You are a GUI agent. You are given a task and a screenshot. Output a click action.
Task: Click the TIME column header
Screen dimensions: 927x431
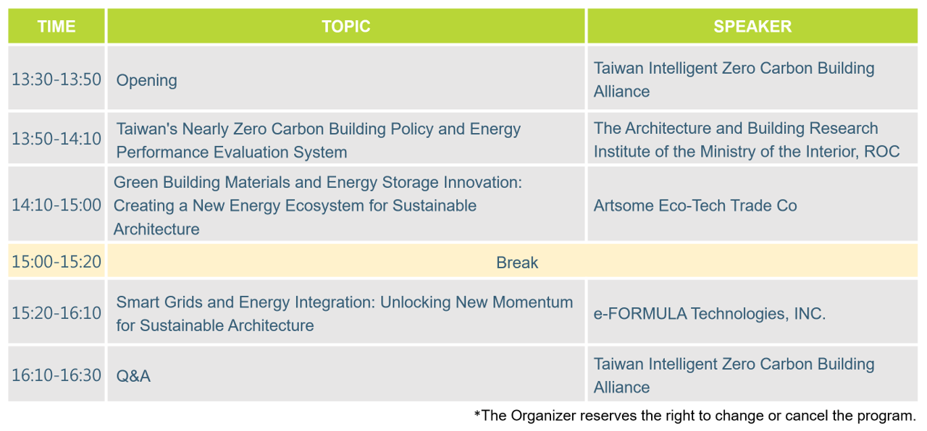(56, 27)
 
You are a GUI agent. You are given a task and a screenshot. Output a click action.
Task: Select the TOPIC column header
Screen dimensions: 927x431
(346, 27)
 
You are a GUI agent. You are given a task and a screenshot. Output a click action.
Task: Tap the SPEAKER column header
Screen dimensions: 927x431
(752, 27)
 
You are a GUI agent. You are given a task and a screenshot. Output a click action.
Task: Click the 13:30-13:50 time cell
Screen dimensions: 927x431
(56, 80)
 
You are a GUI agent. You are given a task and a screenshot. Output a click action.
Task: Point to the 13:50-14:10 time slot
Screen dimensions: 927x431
(56, 139)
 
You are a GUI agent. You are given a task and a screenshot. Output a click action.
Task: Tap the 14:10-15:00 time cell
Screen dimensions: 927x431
(56, 205)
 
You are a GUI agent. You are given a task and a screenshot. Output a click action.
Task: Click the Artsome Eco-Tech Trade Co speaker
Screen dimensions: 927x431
(695, 206)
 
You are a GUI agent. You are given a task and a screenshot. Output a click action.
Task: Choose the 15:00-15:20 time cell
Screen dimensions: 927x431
(56, 262)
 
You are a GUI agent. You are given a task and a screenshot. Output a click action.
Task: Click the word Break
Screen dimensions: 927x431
(517, 263)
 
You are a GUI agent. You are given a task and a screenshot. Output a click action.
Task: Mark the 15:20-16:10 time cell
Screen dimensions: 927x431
(56, 313)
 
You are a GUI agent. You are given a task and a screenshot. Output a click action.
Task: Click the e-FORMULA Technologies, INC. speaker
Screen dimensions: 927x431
(709, 314)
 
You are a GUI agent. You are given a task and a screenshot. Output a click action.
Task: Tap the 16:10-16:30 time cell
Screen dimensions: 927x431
(56, 375)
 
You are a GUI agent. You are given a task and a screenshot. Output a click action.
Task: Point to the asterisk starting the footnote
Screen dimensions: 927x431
(477, 413)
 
